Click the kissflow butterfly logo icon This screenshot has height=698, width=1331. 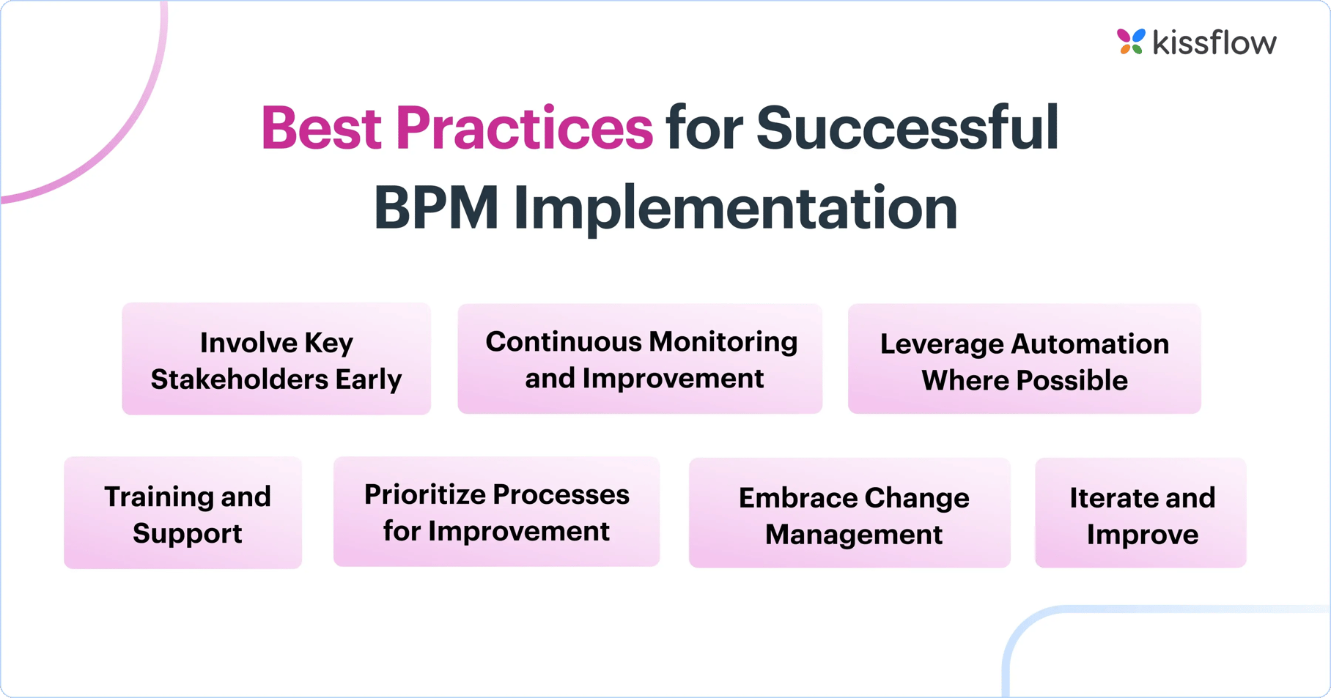coord(1130,42)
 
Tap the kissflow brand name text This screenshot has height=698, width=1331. coord(1214,42)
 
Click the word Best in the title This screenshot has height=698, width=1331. coord(321,128)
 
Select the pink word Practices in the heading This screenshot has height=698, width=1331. coord(524,128)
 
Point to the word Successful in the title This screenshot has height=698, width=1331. coord(907,128)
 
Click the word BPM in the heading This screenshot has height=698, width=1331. coord(436,208)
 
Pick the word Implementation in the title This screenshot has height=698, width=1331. coord(735,209)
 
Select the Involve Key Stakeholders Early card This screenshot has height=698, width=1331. coord(276,359)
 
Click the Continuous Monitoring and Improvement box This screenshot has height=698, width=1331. coord(640,359)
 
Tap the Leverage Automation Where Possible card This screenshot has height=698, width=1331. coord(1025,359)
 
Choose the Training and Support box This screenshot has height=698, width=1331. coord(183,513)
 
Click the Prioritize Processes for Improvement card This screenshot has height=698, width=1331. coord(497,512)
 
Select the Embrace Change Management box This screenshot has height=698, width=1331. coord(849,513)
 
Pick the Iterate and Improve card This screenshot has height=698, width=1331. coord(1140,513)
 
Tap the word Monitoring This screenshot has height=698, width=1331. coord(723,342)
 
